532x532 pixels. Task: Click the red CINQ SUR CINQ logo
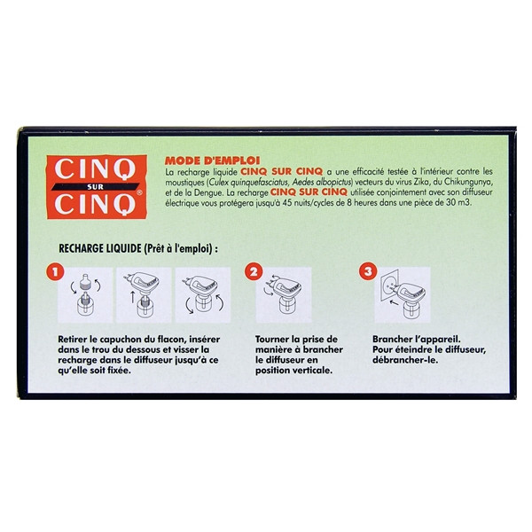point(97,186)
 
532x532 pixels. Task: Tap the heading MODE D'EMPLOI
point(213,160)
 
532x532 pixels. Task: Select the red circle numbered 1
point(56,272)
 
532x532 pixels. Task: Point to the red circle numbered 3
point(368,272)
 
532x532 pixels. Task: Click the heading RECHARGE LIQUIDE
point(99,248)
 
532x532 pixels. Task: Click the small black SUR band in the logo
point(96,186)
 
